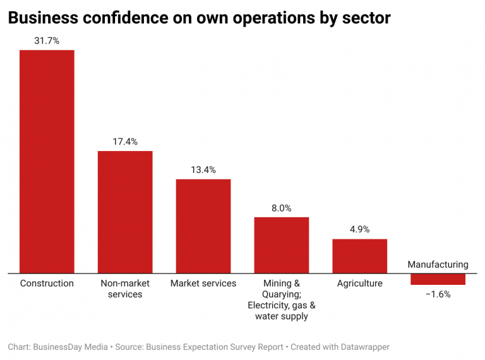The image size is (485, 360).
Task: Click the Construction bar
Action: (x=47, y=162)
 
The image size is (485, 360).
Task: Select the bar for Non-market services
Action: (x=125, y=212)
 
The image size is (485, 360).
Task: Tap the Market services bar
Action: (x=203, y=226)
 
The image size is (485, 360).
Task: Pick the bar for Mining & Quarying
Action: (x=282, y=245)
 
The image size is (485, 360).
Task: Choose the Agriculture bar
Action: (x=360, y=256)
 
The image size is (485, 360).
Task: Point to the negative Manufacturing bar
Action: (x=438, y=279)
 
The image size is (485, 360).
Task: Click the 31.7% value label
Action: (x=47, y=40)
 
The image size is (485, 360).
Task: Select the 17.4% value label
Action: (x=125, y=141)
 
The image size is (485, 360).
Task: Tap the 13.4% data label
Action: (x=203, y=170)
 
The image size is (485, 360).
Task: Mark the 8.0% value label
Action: (x=282, y=208)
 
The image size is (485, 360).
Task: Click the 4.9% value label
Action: (x=360, y=229)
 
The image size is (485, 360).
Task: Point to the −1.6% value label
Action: (x=438, y=294)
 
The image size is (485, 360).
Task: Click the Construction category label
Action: (x=47, y=284)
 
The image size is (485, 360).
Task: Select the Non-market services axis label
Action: (x=125, y=289)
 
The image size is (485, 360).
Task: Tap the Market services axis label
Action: (x=203, y=284)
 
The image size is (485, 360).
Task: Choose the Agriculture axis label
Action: (x=360, y=284)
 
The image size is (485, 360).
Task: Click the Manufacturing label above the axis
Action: (x=438, y=265)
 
